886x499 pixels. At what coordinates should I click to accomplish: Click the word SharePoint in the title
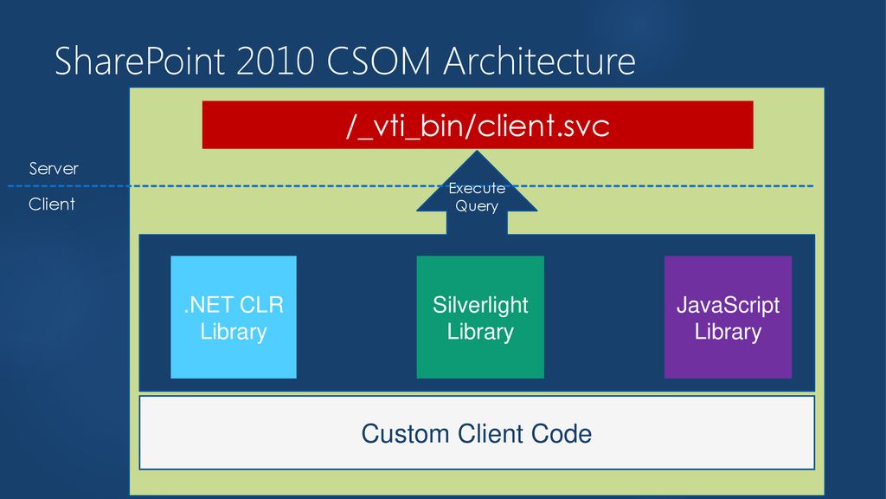pyautogui.click(x=139, y=62)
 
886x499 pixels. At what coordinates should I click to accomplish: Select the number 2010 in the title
pyautogui.click(x=275, y=62)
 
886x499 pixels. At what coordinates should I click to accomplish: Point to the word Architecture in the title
pyautogui.click(x=540, y=62)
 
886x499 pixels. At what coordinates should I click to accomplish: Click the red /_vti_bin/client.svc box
pyautogui.click(x=478, y=125)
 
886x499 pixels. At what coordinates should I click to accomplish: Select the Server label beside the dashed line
pyautogui.click(x=54, y=169)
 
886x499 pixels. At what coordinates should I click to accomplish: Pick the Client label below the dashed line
pyautogui.click(x=52, y=204)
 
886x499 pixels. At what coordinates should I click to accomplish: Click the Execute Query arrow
pyautogui.click(x=477, y=192)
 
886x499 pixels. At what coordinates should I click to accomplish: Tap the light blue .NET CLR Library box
pyautogui.click(x=234, y=317)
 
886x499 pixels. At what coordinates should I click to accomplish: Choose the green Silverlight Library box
pyautogui.click(x=480, y=317)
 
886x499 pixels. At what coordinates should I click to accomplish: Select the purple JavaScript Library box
pyautogui.click(x=728, y=317)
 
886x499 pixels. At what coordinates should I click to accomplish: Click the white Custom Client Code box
pyautogui.click(x=477, y=433)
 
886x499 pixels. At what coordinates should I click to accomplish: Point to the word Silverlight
pyautogui.click(x=480, y=306)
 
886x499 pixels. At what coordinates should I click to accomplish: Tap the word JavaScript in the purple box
pyautogui.click(x=728, y=306)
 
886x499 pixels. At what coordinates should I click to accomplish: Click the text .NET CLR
pyautogui.click(x=234, y=306)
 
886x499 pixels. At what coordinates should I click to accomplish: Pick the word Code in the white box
pyautogui.click(x=561, y=434)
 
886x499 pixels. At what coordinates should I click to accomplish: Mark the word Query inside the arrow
pyautogui.click(x=477, y=206)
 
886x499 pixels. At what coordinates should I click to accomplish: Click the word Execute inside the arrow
pyautogui.click(x=477, y=188)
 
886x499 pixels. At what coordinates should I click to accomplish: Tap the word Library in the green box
pyautogui.click(x=480, y=332)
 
